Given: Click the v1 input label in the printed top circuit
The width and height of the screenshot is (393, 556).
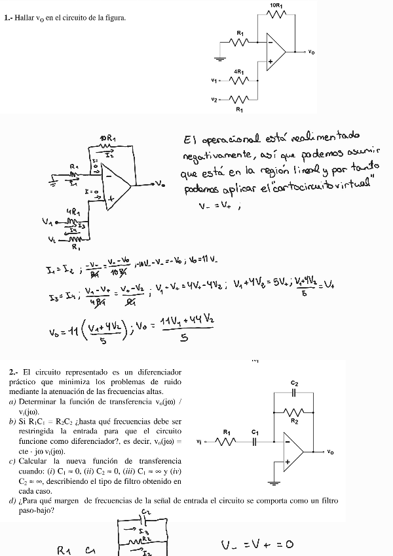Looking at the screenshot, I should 214,81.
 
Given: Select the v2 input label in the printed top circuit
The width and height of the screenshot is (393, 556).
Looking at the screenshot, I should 214,100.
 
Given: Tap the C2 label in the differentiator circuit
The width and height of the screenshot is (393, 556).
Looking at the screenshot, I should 294,383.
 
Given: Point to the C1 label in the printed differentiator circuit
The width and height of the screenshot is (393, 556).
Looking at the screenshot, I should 255,431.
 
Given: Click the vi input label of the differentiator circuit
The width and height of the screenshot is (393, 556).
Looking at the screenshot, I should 199,442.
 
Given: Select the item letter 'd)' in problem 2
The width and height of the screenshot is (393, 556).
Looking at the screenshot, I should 13,500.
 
